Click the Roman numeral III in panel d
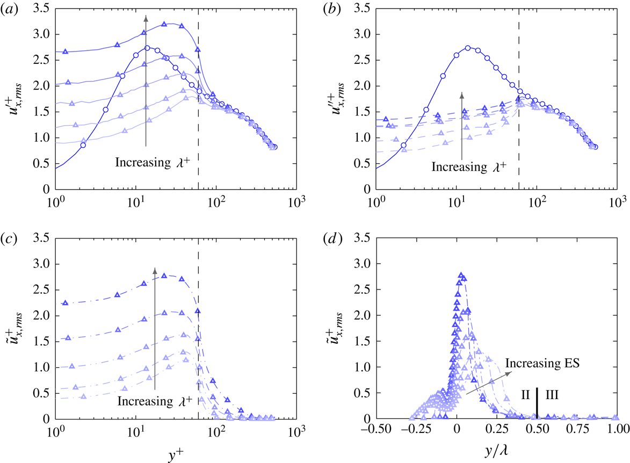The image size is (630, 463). pyautogui.click(x=552, y=395)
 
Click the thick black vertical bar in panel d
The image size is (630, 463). pyautogui.click(x=537, y=401)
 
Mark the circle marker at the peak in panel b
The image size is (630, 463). pyautogui.click(x=468, y=48)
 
